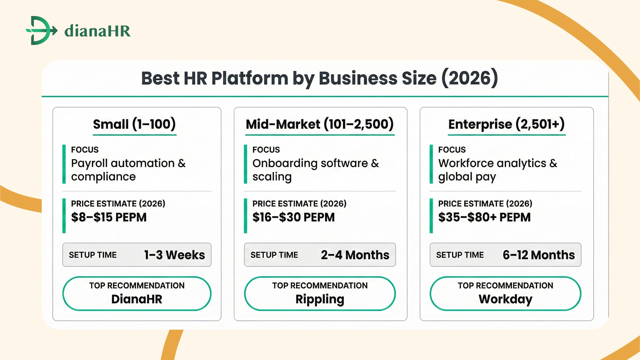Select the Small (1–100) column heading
point(134,124)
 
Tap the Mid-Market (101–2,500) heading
point(320,124)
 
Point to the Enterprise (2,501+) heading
point(506,124)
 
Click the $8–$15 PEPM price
point(109,217)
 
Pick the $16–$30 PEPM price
point(293,217)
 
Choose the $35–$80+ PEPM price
point(484,217)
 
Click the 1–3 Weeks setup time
point(174,255)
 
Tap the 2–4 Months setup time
point(355,255)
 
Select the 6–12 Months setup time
point(539,255)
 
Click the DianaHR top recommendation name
point(137,299)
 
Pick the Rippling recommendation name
point(320,299)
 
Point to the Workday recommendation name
point(505,299)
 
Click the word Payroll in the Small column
point(89,163)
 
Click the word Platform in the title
point(249,78)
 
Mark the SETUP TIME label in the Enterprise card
point(460,255)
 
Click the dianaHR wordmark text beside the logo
point(97,31)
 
